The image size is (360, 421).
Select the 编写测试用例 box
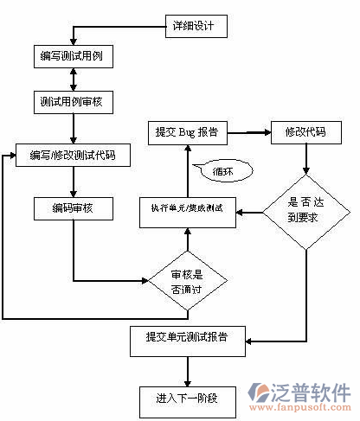[x=73, y=58]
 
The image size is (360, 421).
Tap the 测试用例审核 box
[x=73, y=102]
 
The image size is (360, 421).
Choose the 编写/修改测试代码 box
[x=73, y=156]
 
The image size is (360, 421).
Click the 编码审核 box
[x=73, y=208]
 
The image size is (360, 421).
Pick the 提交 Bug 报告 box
[x=185, y=133]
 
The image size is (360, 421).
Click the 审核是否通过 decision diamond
[x=187, y=280]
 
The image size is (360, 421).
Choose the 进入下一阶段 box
[x=186, y=399]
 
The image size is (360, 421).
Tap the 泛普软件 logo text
[x=312, y=391]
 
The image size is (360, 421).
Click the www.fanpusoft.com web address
[x=304, y=407]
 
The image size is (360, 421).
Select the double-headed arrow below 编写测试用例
[x=74, y=80]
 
